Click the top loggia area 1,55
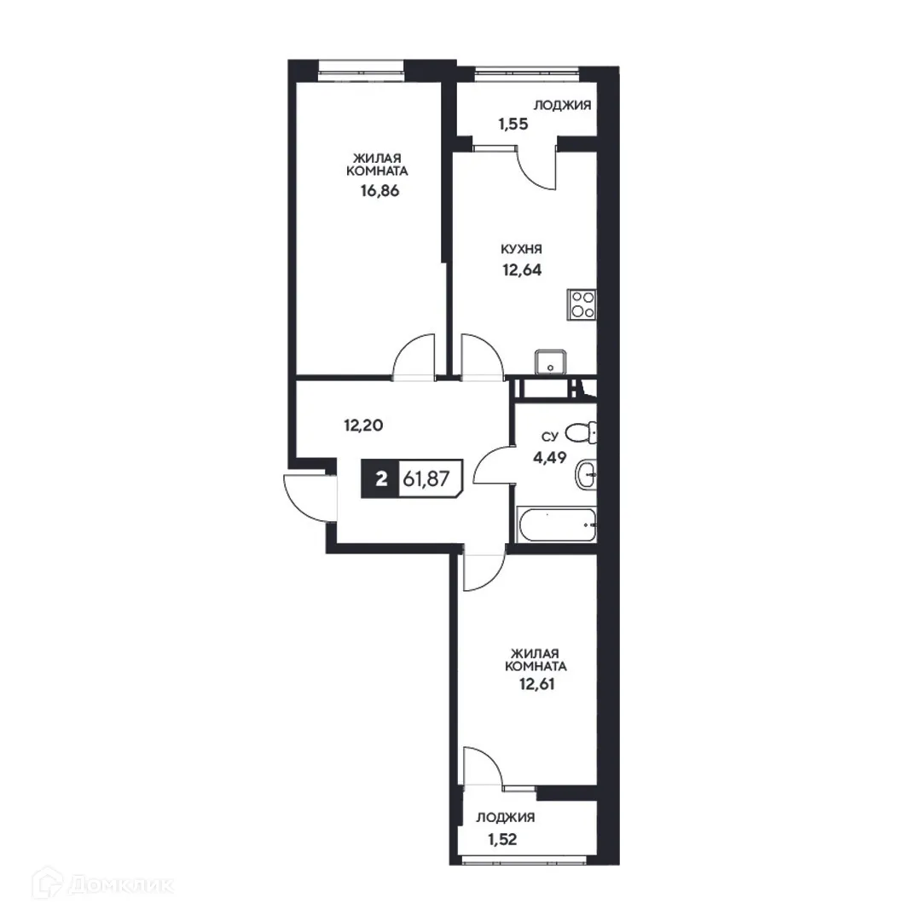click(513, 123)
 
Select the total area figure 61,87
click(426, 479)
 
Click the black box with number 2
click(380, 479)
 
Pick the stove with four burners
click(582, 304)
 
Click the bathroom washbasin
click(586, 474)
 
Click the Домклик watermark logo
click(89, 884)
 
